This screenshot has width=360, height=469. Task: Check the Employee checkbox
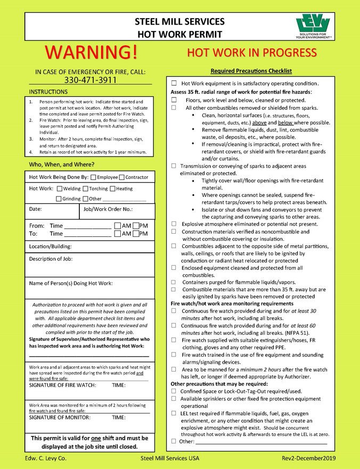(94, 177)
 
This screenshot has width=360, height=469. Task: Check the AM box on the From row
(118, 226)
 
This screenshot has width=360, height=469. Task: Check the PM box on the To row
(136, 234)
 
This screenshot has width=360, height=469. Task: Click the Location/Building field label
(50, 246)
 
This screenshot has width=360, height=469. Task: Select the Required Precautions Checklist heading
(251, 71)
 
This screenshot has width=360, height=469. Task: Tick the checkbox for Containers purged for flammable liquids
(174, 282)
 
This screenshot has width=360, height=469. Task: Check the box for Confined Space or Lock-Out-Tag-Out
(174, 391)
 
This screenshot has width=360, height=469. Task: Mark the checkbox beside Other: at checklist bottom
(174, 441)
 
